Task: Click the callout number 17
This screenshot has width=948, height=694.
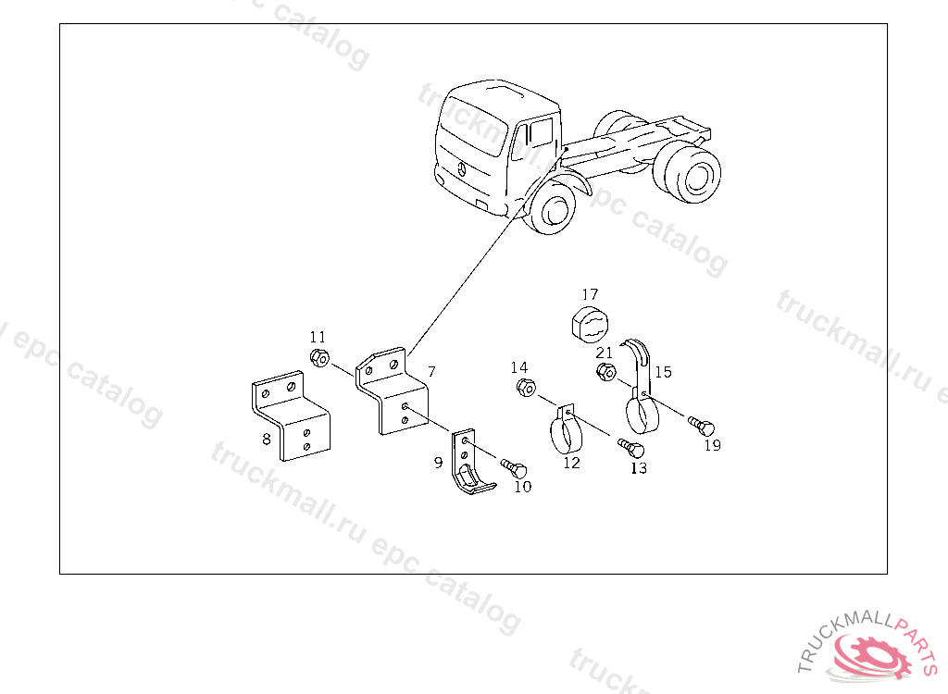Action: click(x=590, y=294)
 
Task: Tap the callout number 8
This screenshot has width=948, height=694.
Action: click(x=266, y=440)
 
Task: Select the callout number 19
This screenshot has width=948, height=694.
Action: click(x=713, y=445)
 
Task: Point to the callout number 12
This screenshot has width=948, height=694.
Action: click(x=571, y=463)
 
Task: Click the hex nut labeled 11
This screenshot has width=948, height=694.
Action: click(x=319, y=357)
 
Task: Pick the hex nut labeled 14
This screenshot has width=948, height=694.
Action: click(x=526, y=387)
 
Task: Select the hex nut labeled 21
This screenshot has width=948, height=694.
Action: click(x=605, y=372)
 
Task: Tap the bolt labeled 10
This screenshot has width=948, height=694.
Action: click(x=515, y=468)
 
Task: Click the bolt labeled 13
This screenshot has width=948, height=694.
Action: click(x=631, y=448)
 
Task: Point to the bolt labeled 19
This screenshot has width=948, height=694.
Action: click(x=702, y=427)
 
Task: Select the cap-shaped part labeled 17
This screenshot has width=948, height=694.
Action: click(x=590, y=324)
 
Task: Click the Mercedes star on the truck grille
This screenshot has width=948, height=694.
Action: click(x=461, y=169)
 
